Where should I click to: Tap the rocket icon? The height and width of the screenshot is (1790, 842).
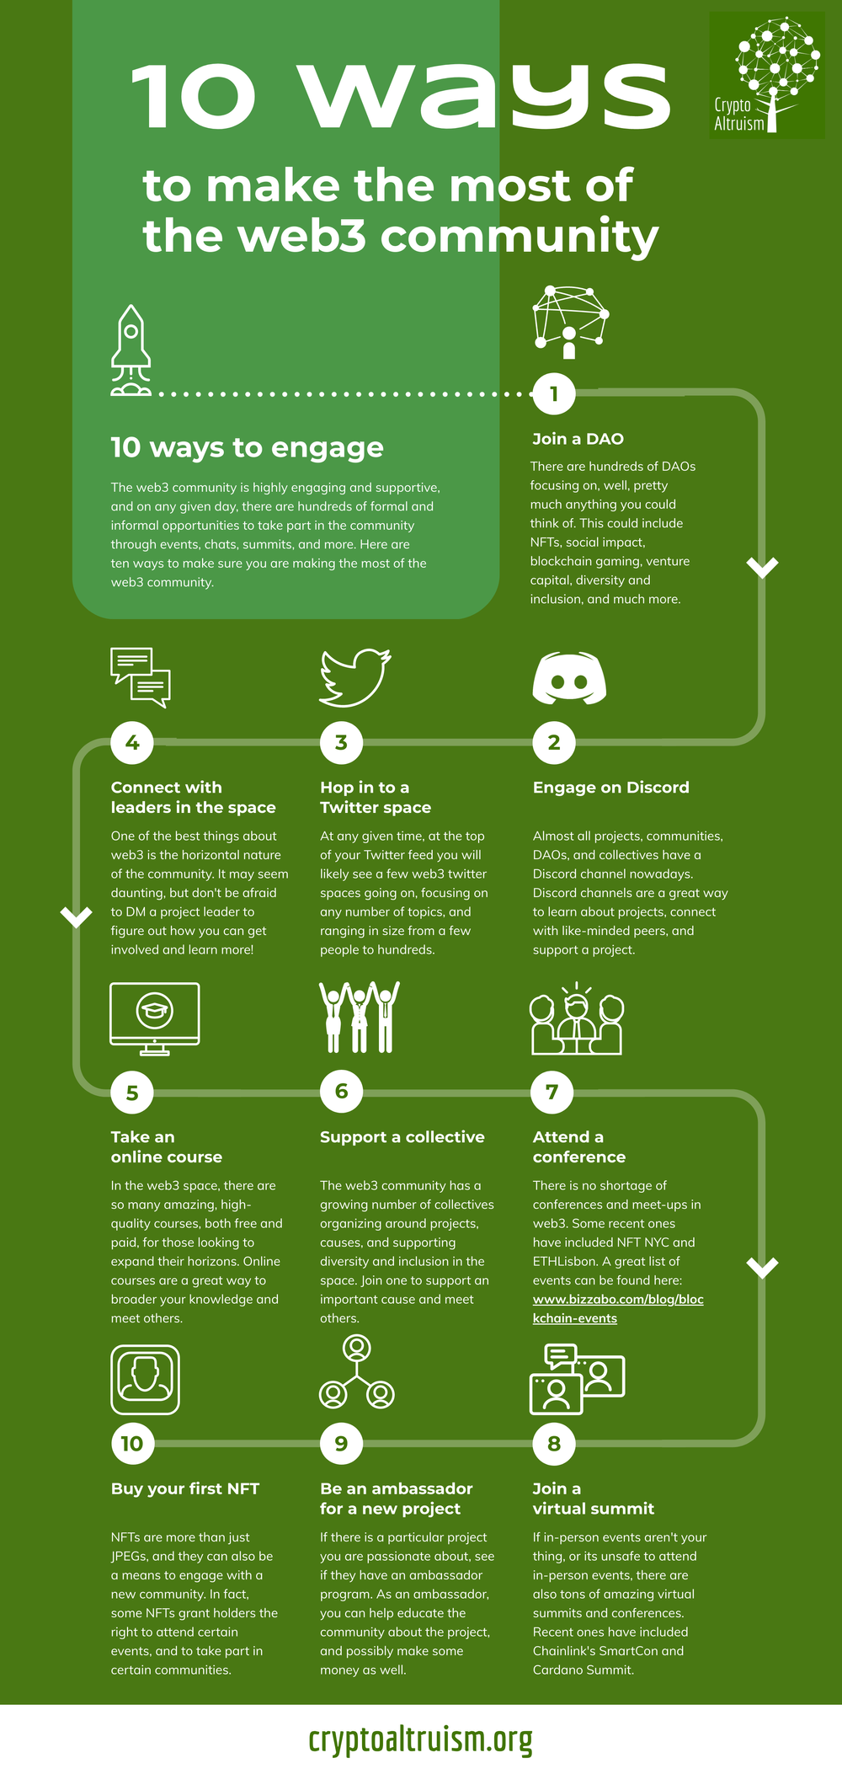point(131,349)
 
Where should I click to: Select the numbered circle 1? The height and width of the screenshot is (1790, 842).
point(554,393)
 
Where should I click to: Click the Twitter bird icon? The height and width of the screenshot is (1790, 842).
point(354,676)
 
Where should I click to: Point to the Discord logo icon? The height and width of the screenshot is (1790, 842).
point(569,678)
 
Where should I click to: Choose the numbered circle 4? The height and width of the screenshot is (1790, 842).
point(132,743)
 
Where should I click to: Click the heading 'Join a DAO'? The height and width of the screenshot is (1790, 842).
point(578,439)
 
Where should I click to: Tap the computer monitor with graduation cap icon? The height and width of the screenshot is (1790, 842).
point(155,1018)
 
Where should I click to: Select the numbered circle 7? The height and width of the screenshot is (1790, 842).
point(552,1093)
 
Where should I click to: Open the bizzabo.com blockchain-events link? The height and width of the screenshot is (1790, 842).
point(617,1308)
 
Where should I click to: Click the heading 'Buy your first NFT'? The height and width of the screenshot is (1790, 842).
point(185,1488)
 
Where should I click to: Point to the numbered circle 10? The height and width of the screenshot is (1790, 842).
point(132,1444)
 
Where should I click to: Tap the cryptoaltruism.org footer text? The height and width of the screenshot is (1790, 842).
point(421,1739)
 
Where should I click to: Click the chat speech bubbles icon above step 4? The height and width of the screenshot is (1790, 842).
point(141,676)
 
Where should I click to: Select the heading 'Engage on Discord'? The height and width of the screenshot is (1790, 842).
point(610,788)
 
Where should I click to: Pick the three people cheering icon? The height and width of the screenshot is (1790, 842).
point(360,1017)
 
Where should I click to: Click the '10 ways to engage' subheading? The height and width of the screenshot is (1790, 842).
point(247,447)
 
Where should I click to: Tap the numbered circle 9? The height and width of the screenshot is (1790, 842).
point(341,1444)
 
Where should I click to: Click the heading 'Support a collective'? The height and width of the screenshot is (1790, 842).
point(402,1137)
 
